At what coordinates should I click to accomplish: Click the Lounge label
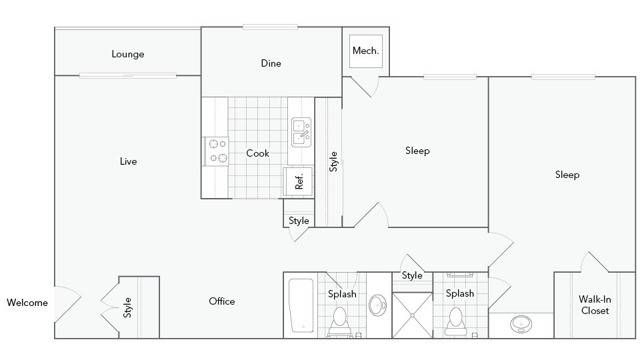(x=127, y=54)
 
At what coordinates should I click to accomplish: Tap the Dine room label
(x=271, y=63)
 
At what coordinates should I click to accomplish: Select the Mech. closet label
(x=364, y=52)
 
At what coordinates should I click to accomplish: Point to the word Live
(x=128, y=161)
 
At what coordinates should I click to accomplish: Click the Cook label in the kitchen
(x=258, y=153)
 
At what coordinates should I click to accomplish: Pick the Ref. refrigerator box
(x=298, y=181)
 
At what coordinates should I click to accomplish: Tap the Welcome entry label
(x=27, y=303)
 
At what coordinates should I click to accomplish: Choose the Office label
(x=222, y=301)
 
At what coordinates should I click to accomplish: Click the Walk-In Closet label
(x=595, y=304)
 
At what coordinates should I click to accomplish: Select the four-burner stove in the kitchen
(x=216, y=151)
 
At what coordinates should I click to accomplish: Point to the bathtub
(x=301, y=306)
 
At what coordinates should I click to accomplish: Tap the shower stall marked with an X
(x=410, y=313)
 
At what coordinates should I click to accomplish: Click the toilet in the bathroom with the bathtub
(x=339, y=320)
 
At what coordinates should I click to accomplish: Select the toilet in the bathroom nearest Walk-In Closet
(x=457, y=320)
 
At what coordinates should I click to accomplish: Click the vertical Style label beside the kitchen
(x=334, y=160)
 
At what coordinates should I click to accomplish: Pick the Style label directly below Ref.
(x=299, y=221)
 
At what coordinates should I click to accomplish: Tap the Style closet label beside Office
(x=128, y=309)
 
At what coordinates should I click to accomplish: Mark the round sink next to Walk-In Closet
(x=520, y=324)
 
